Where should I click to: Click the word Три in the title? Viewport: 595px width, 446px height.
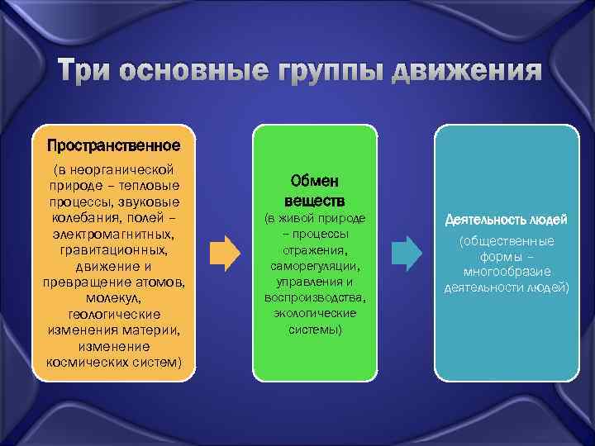pos(87,72)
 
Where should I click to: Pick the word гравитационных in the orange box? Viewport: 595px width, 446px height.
pos(113,249)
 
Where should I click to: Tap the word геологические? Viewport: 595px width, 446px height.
pos(113,315)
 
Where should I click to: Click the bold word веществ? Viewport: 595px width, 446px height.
pos(314,201)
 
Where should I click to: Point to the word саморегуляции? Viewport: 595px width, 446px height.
pos(314,266)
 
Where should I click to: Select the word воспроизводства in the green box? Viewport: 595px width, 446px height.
pos(314,297)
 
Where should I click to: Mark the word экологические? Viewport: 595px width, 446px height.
pos(314,314)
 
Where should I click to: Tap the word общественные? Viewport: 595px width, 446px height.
pos(507,240)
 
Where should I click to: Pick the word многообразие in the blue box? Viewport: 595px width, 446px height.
pos(507,272)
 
